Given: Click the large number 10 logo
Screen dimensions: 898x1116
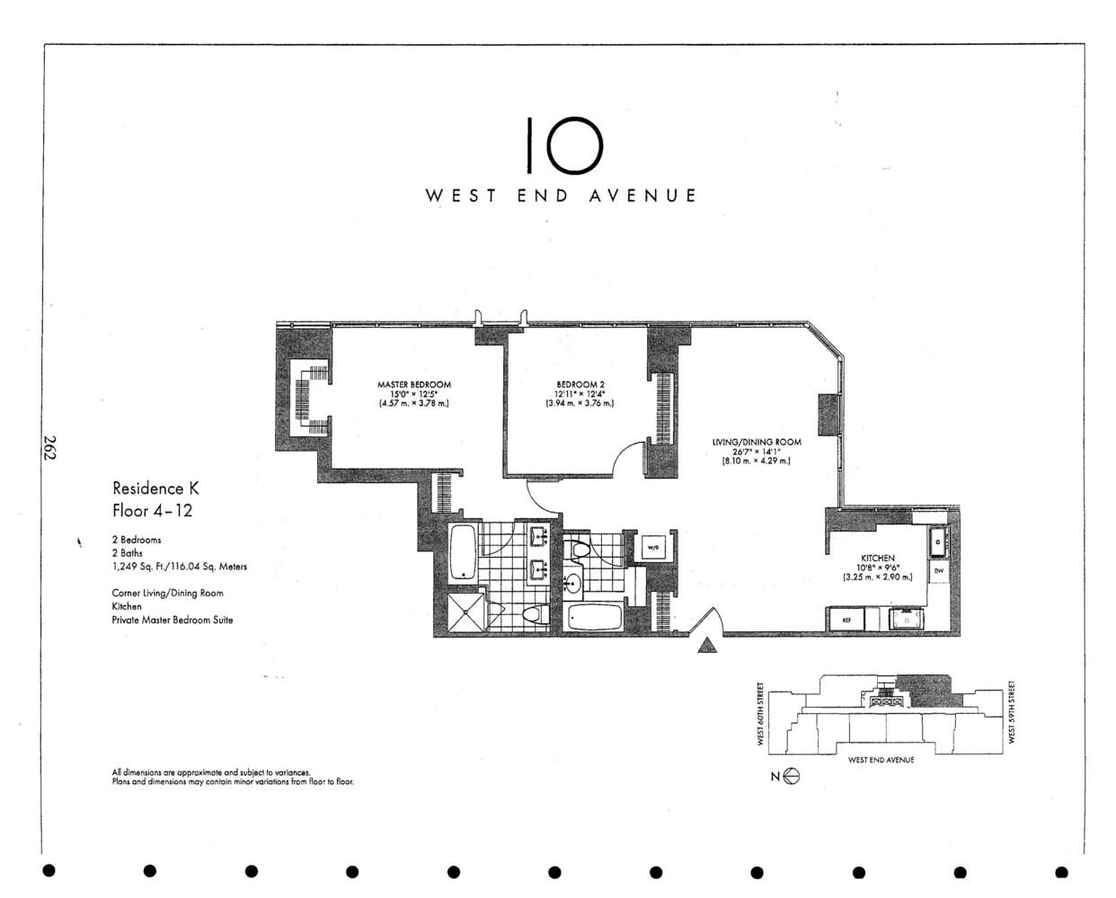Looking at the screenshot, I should [562, 145].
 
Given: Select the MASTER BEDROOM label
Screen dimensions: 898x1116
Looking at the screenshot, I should [413, 384].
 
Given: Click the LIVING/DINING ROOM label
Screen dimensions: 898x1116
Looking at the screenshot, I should [756, 442].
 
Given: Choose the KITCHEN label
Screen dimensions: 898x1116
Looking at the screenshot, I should [878, 558].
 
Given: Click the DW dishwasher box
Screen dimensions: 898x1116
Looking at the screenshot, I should [938, 570].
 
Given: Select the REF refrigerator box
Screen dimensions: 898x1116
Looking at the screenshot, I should [846, 620].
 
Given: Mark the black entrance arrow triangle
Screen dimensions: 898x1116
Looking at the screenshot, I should [708, 646].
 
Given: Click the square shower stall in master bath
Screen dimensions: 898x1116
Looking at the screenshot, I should [467, 614].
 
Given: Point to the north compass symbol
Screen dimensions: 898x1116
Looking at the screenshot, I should [791, 778].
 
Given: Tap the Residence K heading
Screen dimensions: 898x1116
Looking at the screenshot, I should [155, 489].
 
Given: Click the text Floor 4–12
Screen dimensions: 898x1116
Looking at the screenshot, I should [152, 511].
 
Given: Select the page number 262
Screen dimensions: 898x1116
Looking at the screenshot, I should [49, 448].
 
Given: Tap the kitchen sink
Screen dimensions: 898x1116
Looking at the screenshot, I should [938, 541].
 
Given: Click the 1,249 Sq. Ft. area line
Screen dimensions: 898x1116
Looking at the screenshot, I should [179, 567].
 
